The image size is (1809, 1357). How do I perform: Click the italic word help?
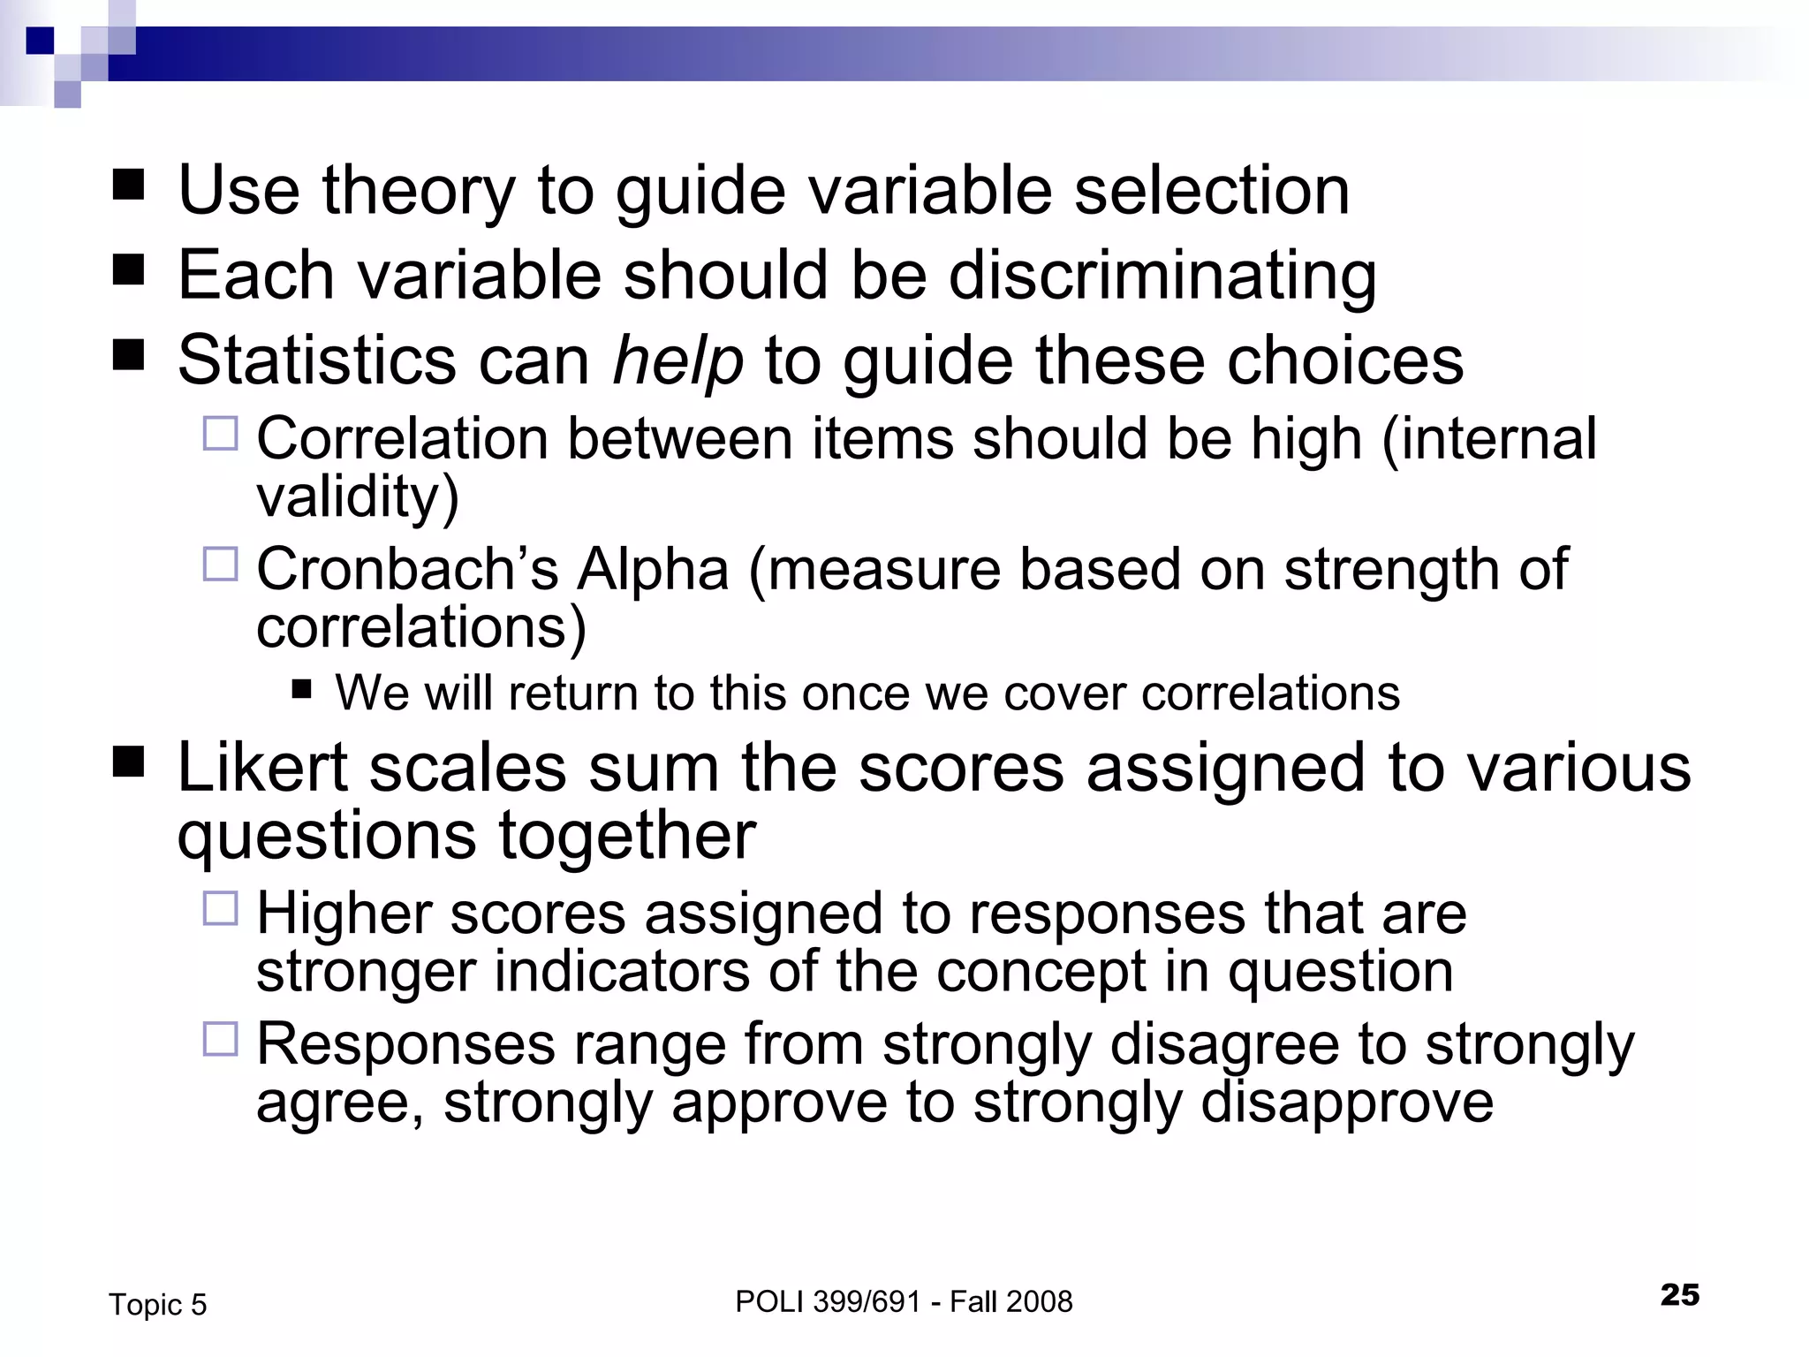coord(677,360)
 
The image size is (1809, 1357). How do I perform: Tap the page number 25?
coord(1679,1294)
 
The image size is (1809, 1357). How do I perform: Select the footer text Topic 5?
coord(157,1305)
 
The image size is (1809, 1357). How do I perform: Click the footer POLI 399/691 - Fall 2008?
coord(904,1301)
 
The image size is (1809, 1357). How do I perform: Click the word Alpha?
coord(653,569)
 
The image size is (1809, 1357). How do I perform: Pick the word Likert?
coord(262,767)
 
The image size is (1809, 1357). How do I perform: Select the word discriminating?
coord(1162,276)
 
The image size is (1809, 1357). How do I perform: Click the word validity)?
coord(358,497)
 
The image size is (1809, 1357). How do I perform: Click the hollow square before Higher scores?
coord(221,908)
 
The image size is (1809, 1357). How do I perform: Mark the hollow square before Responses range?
coord(221,1040)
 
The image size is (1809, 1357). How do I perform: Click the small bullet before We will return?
coord(302,688)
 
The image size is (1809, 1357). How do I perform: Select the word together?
coord(627,835)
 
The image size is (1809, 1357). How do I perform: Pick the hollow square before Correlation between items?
coord(221,434)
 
